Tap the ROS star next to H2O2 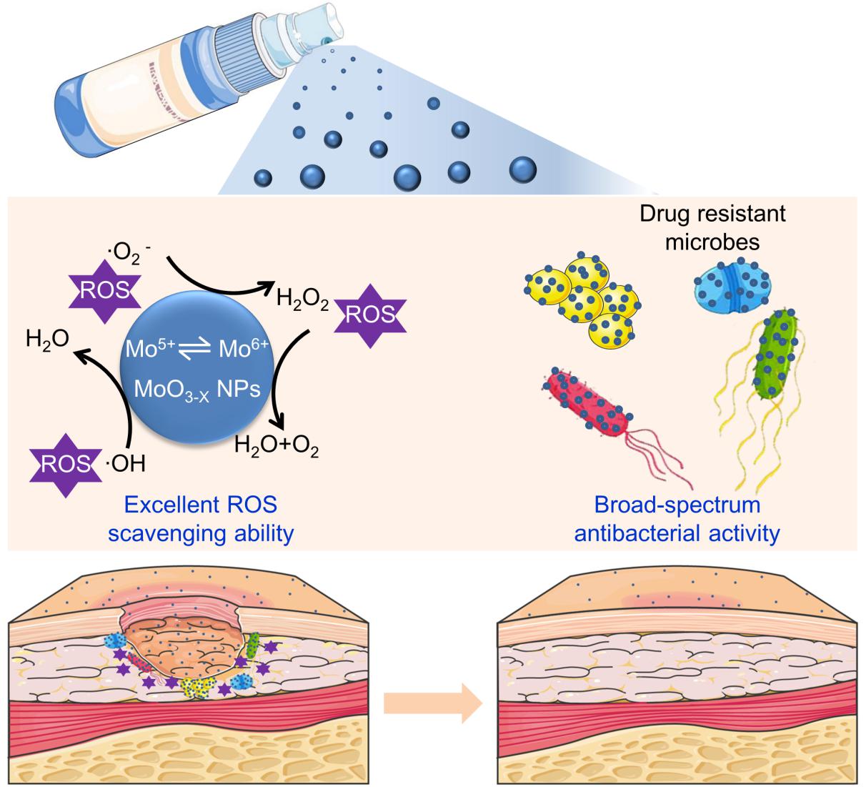pos(369,315)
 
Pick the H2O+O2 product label pos(277,448)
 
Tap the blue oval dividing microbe pos(732,288)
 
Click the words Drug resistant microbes pos(712,227)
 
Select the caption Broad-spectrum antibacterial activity pos(677,519)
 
